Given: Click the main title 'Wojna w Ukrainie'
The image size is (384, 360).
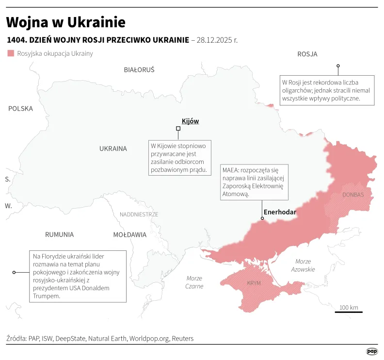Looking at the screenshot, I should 65,22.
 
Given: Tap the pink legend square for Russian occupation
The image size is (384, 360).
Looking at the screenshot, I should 10,53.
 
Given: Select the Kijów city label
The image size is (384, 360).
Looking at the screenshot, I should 190,121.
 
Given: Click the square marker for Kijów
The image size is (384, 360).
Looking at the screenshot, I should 178,129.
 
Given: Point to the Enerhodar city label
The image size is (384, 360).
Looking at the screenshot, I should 279,212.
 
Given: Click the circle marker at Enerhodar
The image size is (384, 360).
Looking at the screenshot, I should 262,218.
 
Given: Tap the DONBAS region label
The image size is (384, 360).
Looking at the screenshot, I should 352,195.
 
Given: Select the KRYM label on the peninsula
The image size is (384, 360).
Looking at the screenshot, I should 254,283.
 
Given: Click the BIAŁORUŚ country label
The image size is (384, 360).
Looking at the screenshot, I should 139,70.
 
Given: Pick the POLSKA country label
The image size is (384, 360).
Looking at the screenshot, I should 20,109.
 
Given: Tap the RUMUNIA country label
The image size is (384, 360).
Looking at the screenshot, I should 59,234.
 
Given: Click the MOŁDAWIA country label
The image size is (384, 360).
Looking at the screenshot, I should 129,235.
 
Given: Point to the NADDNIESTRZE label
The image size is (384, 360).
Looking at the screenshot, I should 139,214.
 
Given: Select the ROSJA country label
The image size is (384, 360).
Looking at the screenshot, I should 307,54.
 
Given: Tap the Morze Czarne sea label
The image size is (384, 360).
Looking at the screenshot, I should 194,282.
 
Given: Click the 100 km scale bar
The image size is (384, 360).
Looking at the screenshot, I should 348,311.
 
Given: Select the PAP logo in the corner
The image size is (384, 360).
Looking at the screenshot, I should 371,351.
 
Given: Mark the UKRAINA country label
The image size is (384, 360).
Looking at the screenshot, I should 113,148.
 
